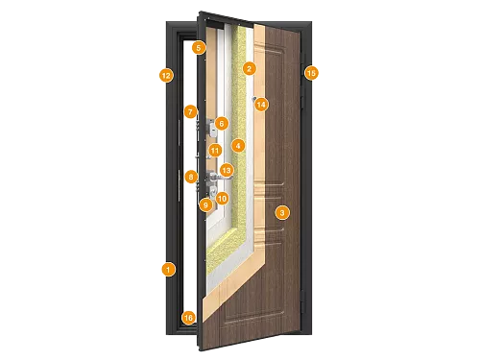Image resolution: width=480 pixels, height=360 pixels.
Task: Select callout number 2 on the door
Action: (249, 68)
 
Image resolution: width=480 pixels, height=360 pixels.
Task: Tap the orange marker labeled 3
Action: (281, 211)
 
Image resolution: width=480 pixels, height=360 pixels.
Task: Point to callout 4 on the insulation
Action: (238, 146)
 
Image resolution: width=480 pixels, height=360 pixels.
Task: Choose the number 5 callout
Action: (198, 47)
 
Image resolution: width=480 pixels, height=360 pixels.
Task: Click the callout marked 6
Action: (221, 123)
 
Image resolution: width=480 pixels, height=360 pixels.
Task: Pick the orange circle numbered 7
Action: (191, 112)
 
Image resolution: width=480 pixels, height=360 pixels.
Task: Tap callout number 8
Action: (191, 176)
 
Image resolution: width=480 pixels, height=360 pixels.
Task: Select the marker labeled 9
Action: (204, 204)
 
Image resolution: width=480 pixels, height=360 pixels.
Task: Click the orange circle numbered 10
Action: (221, 199)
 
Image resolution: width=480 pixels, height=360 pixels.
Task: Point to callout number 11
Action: (215, 151)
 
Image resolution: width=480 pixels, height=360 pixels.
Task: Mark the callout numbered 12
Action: (166, 74)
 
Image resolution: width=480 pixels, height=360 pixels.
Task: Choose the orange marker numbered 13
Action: (227, 170)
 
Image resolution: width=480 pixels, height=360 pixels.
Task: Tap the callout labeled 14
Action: (262, 104)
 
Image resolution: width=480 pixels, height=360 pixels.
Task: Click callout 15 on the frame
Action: (310, 72)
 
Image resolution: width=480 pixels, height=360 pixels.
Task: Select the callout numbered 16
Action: (188, 317)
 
